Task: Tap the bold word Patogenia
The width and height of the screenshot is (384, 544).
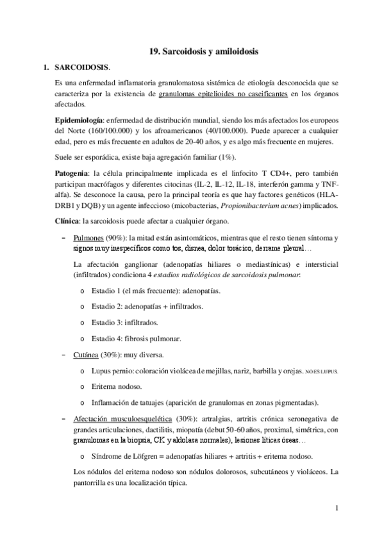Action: (x=73, y=173)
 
